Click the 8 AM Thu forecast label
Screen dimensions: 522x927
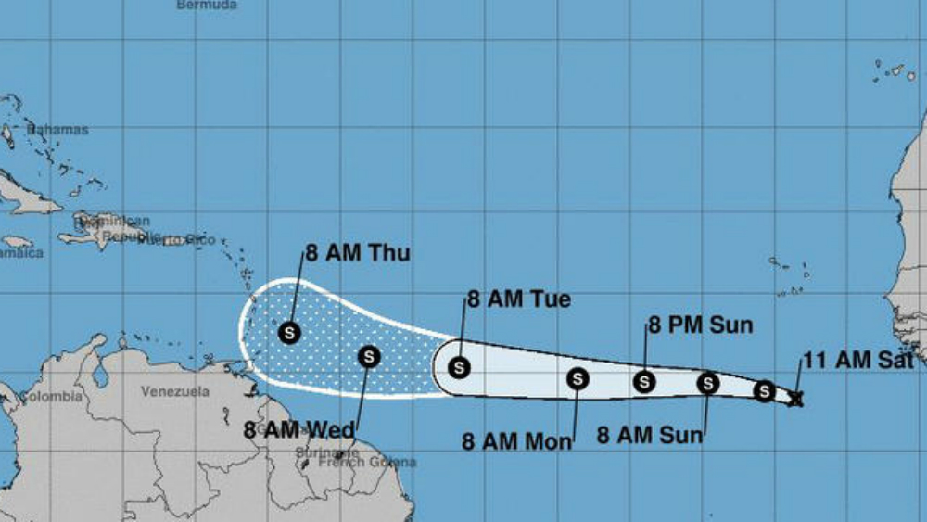point(357,253)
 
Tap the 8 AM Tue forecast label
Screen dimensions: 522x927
point(518,299)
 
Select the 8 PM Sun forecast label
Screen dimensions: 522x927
point(700,325)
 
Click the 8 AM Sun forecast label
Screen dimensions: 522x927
point(650,434)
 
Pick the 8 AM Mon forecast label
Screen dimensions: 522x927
point(517,441)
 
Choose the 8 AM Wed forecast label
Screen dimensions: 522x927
point(298,430)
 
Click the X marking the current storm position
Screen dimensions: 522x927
point(794,399)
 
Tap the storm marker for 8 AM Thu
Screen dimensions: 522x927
point(288,331)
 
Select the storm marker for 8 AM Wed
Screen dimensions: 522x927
point(369,356)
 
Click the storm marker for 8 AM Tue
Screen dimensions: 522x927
point(459,367)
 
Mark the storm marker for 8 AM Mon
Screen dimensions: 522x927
point(578,378)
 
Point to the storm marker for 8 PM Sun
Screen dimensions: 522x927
point(644,380)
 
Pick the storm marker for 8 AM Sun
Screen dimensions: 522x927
point(707,383)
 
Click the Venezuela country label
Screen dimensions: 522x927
point(175,391)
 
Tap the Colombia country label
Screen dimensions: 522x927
point(51,397)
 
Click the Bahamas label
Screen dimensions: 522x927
point(57,130)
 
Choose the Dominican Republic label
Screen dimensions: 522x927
point(111,228)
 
